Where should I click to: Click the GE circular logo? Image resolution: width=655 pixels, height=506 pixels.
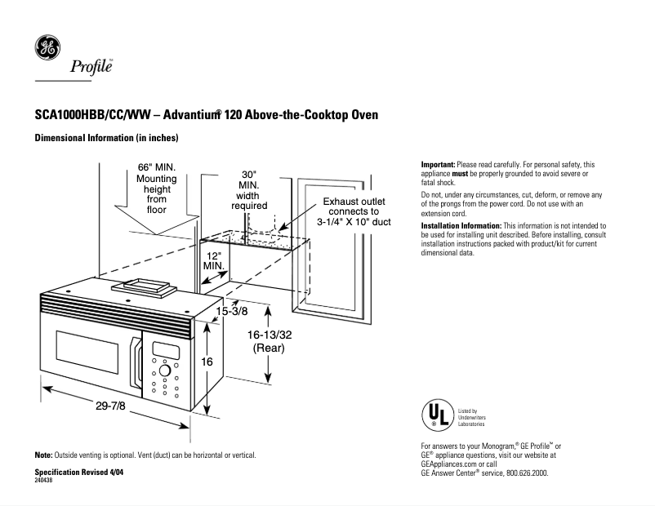point(46,48)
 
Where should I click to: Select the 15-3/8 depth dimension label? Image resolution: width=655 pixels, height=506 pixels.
point(232,311)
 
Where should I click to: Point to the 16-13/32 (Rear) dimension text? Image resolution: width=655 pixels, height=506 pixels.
point(268,340)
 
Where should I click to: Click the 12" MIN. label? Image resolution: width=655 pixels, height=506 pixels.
point(214,260)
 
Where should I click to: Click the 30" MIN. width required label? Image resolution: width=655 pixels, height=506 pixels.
point(249,190)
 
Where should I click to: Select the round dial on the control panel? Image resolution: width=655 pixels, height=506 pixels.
point(164,370)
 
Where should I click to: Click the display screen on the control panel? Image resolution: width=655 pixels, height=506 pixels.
point(166,350)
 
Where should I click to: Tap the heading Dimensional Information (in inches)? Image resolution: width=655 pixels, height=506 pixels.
point(106,138)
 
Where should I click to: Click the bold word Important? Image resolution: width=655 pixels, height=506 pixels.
point(438,165)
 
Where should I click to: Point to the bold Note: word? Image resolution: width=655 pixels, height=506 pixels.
point(43,455)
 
